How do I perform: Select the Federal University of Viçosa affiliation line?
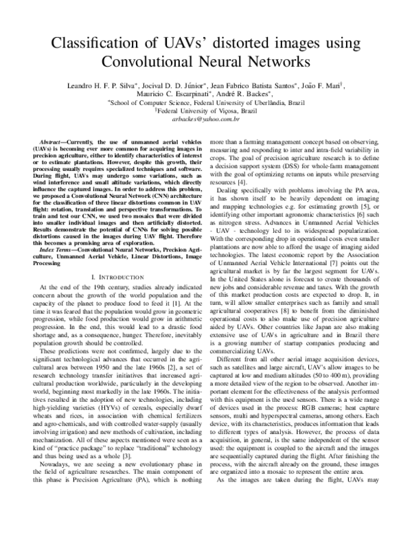(207, 110)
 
